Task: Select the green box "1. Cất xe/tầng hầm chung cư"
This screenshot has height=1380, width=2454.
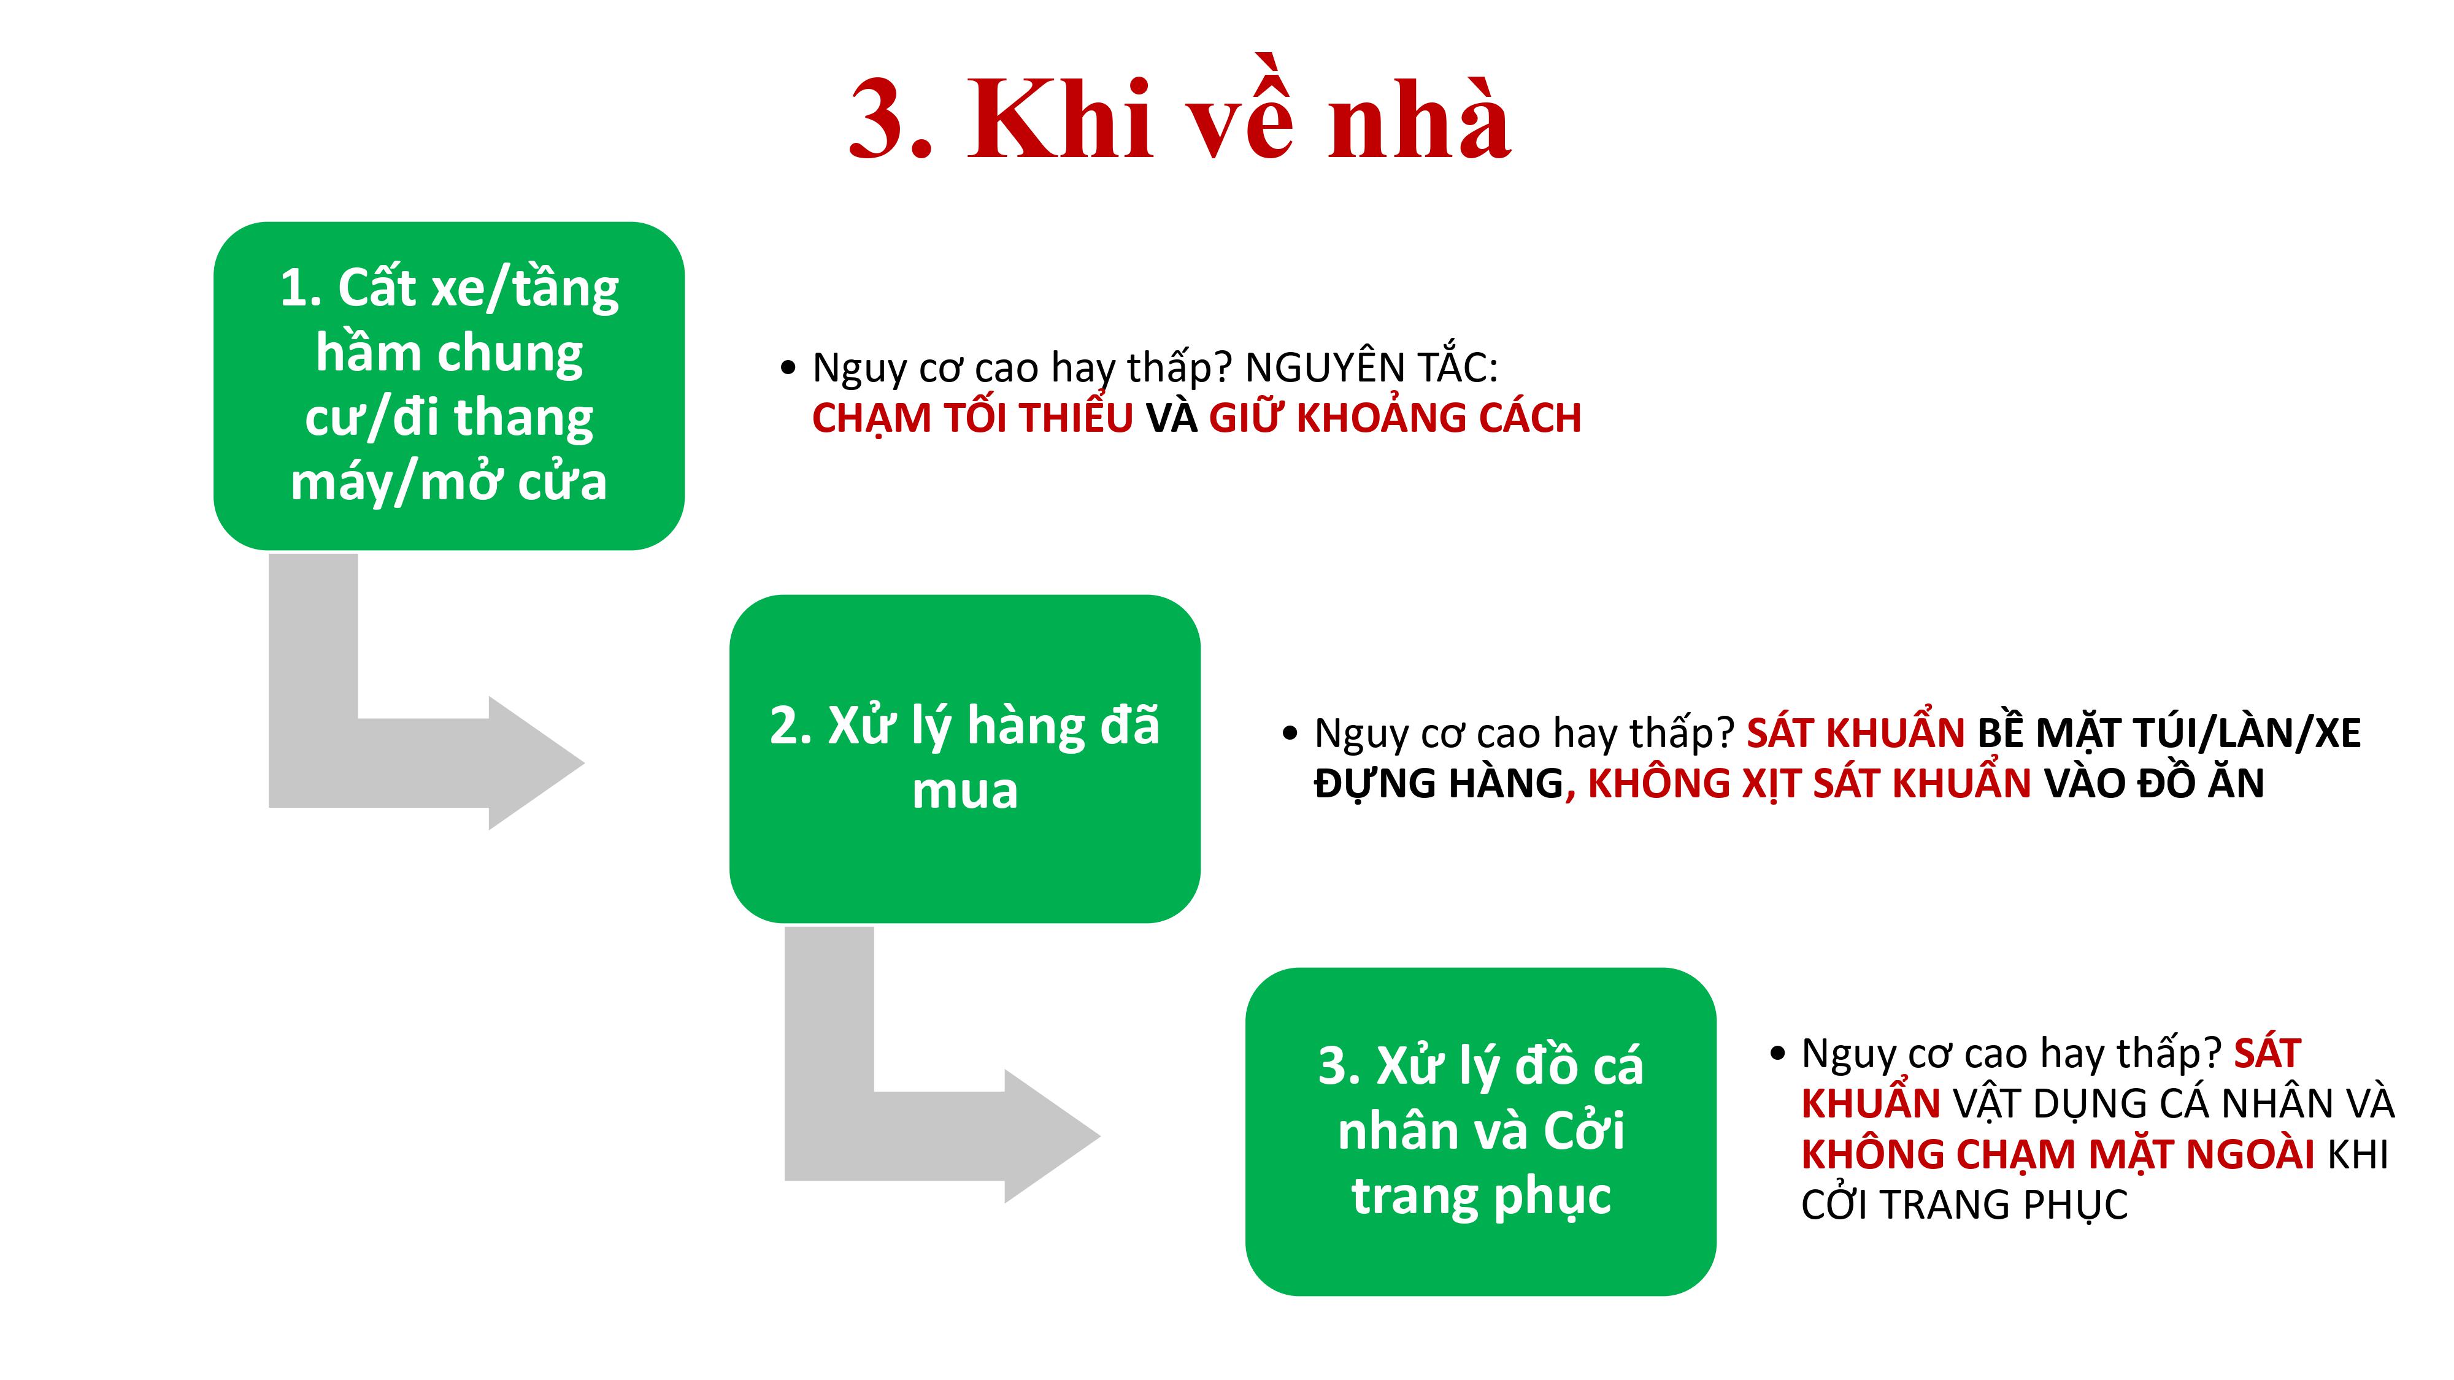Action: [x=448, y=386]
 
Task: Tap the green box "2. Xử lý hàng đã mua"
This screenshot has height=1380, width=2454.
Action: [x=965, y=759]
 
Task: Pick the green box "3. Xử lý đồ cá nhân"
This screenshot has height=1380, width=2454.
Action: [x=1480, y=1132]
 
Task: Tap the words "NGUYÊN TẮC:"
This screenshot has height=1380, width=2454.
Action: [x=1372, y=367]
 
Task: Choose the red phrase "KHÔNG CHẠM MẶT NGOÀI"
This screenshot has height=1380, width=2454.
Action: [x=2058, y=1154]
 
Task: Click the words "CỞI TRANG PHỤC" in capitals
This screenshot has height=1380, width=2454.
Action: [x=1964, y=1205]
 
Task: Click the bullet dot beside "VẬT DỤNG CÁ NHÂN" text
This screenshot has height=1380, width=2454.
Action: [x=1778, y=1053]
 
